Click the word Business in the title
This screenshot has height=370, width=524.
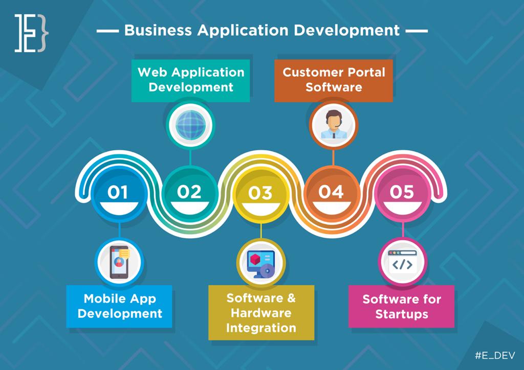coord(158,30)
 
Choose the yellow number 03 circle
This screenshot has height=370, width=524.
coord(260,194)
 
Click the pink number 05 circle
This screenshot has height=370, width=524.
coord(402,194)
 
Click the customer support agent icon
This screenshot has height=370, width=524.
coord(333,125)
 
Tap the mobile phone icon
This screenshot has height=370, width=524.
coord(119,262)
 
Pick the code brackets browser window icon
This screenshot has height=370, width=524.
coord(402,262)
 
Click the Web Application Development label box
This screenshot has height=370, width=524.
coord(190,80)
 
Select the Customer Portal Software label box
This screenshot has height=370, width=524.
coord(334,80)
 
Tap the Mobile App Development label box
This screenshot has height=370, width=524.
coord(120,306)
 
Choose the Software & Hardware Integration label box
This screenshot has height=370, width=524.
coord(261,312)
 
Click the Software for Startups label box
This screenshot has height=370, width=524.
coord(402,306)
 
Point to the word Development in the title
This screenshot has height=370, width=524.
coord(347,30)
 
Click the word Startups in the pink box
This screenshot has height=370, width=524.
coord(402,314)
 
